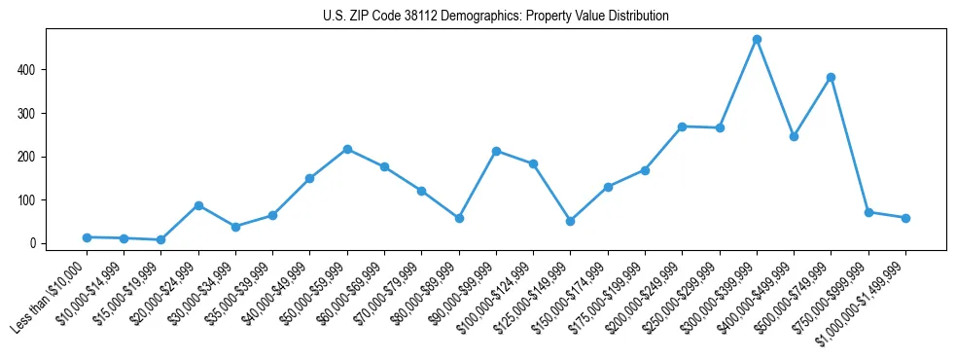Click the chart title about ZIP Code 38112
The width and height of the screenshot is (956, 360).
[496, 17]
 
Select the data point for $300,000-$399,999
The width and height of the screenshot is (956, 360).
[757, 40]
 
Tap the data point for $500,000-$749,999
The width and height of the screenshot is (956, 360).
[832, 77]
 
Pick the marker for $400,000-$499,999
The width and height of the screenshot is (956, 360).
[795, 136]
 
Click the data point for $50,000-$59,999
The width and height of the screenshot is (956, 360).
[347, 149]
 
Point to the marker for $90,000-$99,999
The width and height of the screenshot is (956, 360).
[496, 151]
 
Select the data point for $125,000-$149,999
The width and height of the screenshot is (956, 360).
[571, 221]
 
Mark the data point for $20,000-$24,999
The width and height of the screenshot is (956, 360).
[198, 205]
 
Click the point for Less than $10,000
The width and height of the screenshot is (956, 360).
[87, 237]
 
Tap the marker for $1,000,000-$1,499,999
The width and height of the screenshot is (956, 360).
[905, 218]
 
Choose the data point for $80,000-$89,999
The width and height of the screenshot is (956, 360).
[459, 218]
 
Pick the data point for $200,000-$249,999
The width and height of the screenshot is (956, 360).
[683, 126]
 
